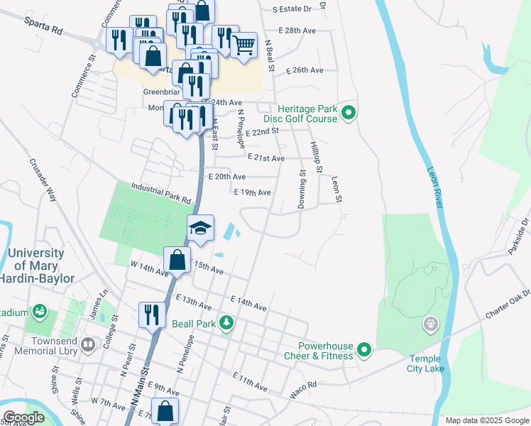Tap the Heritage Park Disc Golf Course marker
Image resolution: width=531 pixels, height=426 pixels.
(x=349, y=113)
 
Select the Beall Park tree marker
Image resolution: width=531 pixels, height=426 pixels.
(x=226, y=322)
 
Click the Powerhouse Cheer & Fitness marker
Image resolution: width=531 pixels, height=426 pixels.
(x=364, y=350)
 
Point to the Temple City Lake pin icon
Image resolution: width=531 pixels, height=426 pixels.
(x=429, y=324)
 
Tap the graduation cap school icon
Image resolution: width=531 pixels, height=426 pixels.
(x=200, y=228)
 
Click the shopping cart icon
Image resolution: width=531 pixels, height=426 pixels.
(x=243, y=45)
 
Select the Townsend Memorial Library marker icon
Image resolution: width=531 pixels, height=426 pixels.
(x=88, y=346)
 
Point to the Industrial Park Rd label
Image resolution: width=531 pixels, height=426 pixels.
(x=161, y=192)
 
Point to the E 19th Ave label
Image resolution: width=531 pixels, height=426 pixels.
(x=252, y=192)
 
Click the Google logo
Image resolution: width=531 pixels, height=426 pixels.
(x=23, y=417)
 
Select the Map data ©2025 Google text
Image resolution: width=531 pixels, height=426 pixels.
(x=486, y=420)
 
